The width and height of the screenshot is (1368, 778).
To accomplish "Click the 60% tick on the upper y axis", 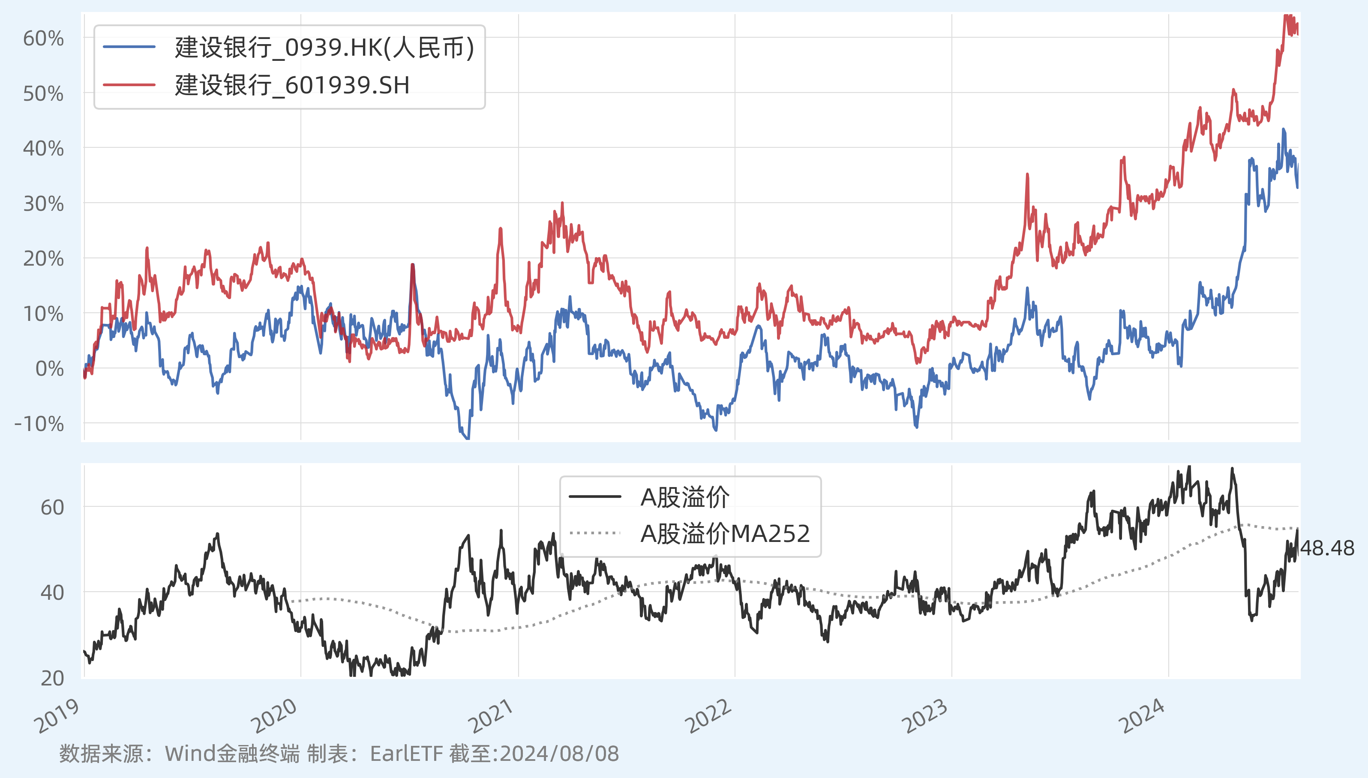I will coord(43,39).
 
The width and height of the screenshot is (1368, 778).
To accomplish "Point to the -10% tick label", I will coord(39,424).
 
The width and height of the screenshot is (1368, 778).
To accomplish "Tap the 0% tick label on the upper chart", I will coord(49,369).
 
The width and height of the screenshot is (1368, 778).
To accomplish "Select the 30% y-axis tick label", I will coord(43,203).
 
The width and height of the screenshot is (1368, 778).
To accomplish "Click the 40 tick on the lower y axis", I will coord(52,592).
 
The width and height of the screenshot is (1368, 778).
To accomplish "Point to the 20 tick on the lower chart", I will coord(52,678).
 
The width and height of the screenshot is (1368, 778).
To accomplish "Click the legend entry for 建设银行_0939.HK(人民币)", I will coord(324,48).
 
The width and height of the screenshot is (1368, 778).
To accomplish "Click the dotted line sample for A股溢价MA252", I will coord(595,533).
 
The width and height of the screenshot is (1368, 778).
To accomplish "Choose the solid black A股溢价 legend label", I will coord(684,497).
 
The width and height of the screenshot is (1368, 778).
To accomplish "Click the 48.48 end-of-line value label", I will coord(1327,548).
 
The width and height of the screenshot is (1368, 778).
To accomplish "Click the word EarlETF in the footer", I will coord(406,754).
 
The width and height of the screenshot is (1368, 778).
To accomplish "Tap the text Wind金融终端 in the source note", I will coord(232,754).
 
